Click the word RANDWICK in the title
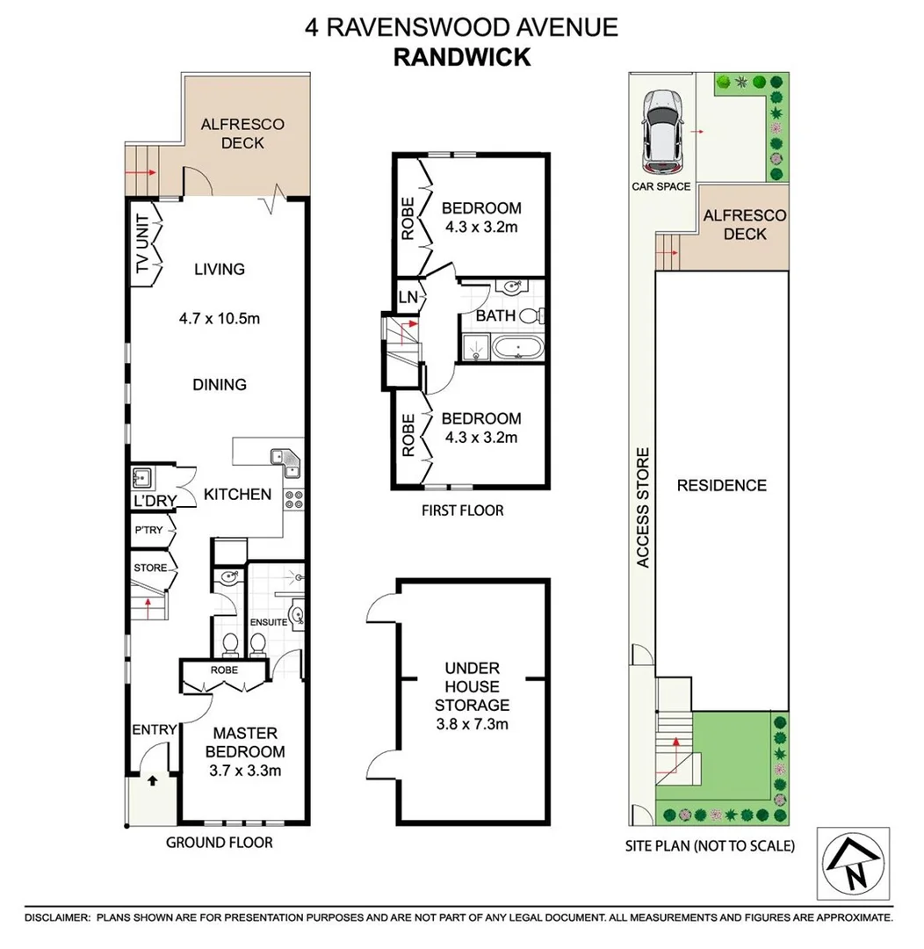click(461, 57)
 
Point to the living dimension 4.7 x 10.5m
click(220, 318)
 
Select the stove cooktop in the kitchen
click(293, 500)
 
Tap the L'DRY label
click(155, 501)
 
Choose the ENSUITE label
click(269, 621)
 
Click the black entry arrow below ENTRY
click(152, 779)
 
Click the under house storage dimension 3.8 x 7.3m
click(472, 725)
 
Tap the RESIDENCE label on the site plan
click(721, 485)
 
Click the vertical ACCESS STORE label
click(643, 507)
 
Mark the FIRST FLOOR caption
click(461, 511)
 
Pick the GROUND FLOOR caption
click(220, 843)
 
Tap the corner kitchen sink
click(285, 458)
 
